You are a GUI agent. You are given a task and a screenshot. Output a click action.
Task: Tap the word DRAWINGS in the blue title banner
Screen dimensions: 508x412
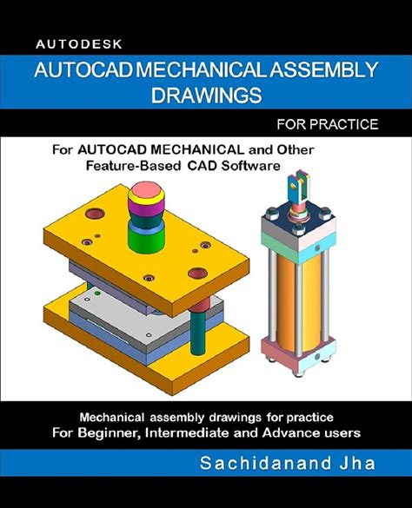pyautogui.click(x=205, y=93)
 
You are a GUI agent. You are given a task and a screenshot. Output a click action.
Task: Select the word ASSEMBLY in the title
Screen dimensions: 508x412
pyautogui.click(x=322, y=69)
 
